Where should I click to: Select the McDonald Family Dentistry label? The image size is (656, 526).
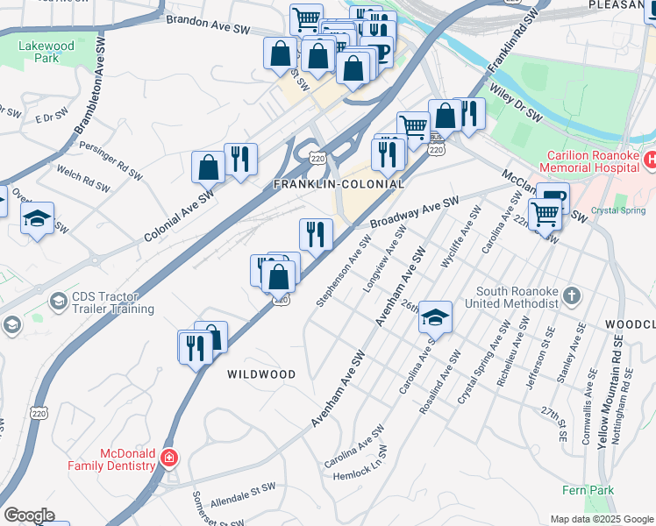click(x=115, y=459)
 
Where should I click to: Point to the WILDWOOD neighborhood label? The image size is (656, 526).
click(x=261, y=374)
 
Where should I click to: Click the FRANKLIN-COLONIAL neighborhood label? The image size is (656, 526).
click(x=339, y=185)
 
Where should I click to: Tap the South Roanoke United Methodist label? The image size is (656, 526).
click(x=517, y=297)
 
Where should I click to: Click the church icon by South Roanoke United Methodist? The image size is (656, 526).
click(x=572, y=294)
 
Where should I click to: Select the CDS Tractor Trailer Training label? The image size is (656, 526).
click(x=103, y=303)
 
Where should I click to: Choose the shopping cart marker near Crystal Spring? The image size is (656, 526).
click(x=545, y=213)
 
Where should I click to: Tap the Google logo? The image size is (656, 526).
click(x=29, y=515)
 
